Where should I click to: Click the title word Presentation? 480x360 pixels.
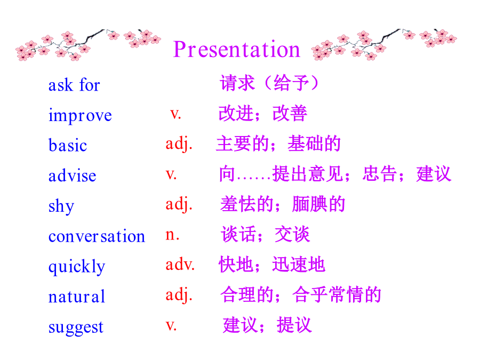[x=237, y=49]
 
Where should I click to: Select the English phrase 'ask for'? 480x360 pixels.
[x=74, y=84]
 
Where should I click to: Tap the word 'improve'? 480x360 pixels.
[x=80, y=115]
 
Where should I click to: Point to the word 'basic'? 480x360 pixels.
[x=68, y=145]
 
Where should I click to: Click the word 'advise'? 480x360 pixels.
[x=72, y=175]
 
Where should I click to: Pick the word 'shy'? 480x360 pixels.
[x=61, y=206]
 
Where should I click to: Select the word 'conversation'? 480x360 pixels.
[x=97, y=236]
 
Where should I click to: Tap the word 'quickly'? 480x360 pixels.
[x=77, y=266]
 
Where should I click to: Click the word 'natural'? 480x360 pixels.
[x=76, y=297]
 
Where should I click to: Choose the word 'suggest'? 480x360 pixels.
[x=76, y=327]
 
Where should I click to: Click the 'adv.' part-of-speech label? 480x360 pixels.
[x=180, y=264]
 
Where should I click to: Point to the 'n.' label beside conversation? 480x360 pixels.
[x=172, y=235]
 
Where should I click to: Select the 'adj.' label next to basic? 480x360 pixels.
[x=179, y=143]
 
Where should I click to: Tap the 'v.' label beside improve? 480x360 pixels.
[x=175, y=114]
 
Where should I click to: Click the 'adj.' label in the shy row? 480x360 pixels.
[x=179, y=204]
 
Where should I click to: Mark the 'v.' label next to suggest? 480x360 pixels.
[x=171, y=325]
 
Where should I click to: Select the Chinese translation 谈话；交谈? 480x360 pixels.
[x=265, y=234]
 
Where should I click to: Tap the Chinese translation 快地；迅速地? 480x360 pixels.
[x=272, y=264]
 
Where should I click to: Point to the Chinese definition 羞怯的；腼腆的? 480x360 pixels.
[x=283, y=204]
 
